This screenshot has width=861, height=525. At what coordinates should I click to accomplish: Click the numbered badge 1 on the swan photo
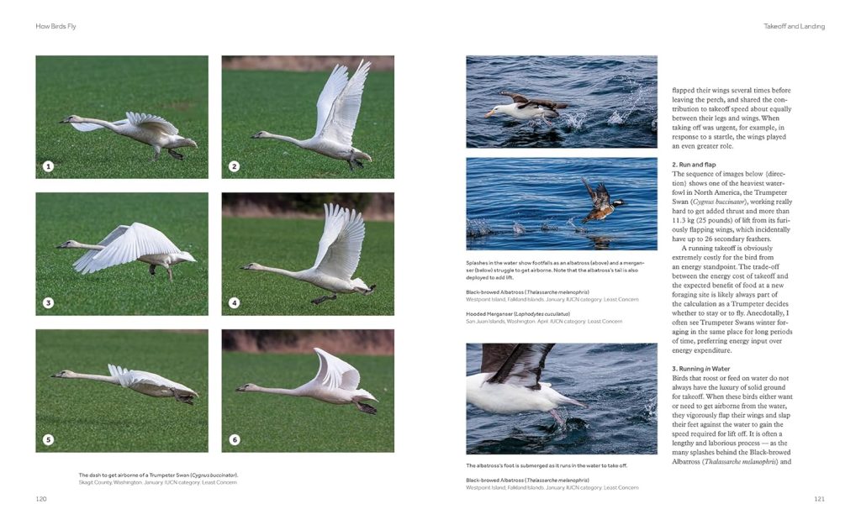[48, 166]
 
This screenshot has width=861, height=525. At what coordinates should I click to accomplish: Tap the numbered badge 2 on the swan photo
[234, 166]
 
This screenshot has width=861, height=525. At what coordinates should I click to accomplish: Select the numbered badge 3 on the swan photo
[48, 302]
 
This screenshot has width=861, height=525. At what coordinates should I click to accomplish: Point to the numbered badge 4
[234, 302]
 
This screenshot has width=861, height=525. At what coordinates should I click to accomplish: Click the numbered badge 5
[48, 439]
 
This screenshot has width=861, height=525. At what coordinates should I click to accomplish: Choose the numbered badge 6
[234, 439]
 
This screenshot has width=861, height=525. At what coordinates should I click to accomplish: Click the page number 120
[41, 499]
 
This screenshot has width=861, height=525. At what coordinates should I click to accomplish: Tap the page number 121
[819, 499]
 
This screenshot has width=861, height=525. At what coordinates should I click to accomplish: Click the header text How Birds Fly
[56, 26]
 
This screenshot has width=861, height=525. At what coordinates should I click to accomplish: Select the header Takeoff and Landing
[794, 26]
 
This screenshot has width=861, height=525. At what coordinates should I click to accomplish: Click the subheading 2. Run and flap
[694, 164]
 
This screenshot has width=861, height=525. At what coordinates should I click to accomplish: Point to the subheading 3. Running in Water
[700, 369]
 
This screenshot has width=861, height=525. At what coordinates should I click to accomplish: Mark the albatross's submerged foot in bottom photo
[556, 417]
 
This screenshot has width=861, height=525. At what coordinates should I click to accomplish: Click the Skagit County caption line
[158, 482]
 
